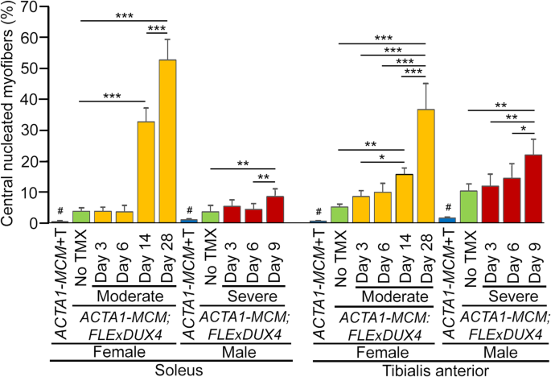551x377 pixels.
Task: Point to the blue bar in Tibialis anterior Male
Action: point(446,220)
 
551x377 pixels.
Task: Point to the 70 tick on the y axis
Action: point(35,7)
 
